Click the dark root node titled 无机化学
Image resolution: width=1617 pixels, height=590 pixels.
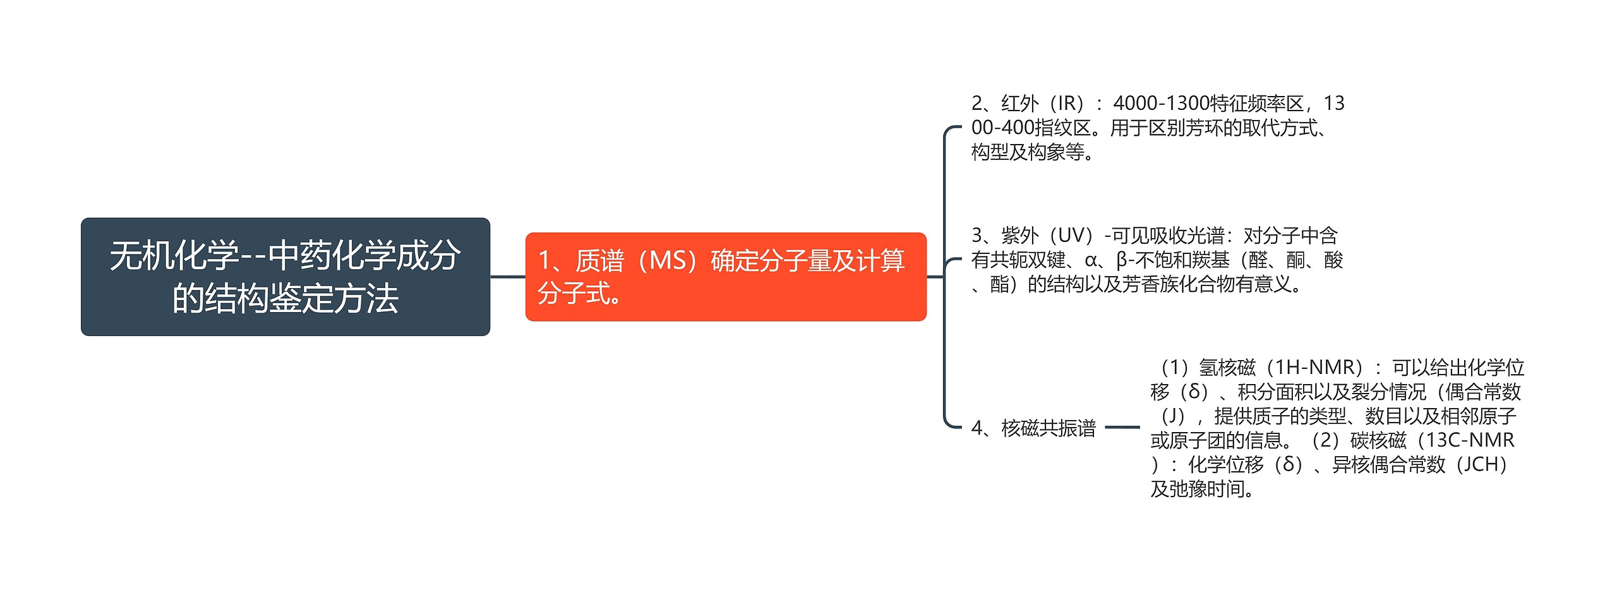(285, 277)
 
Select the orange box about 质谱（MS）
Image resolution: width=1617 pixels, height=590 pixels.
(725, 277)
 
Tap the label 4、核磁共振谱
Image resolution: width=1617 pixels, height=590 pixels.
(1033, 428)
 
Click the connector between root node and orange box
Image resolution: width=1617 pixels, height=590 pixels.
(507, 277)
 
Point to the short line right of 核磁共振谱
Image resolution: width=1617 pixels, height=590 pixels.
(1122, 428)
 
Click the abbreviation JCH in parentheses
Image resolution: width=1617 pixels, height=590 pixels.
(1481, 465)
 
